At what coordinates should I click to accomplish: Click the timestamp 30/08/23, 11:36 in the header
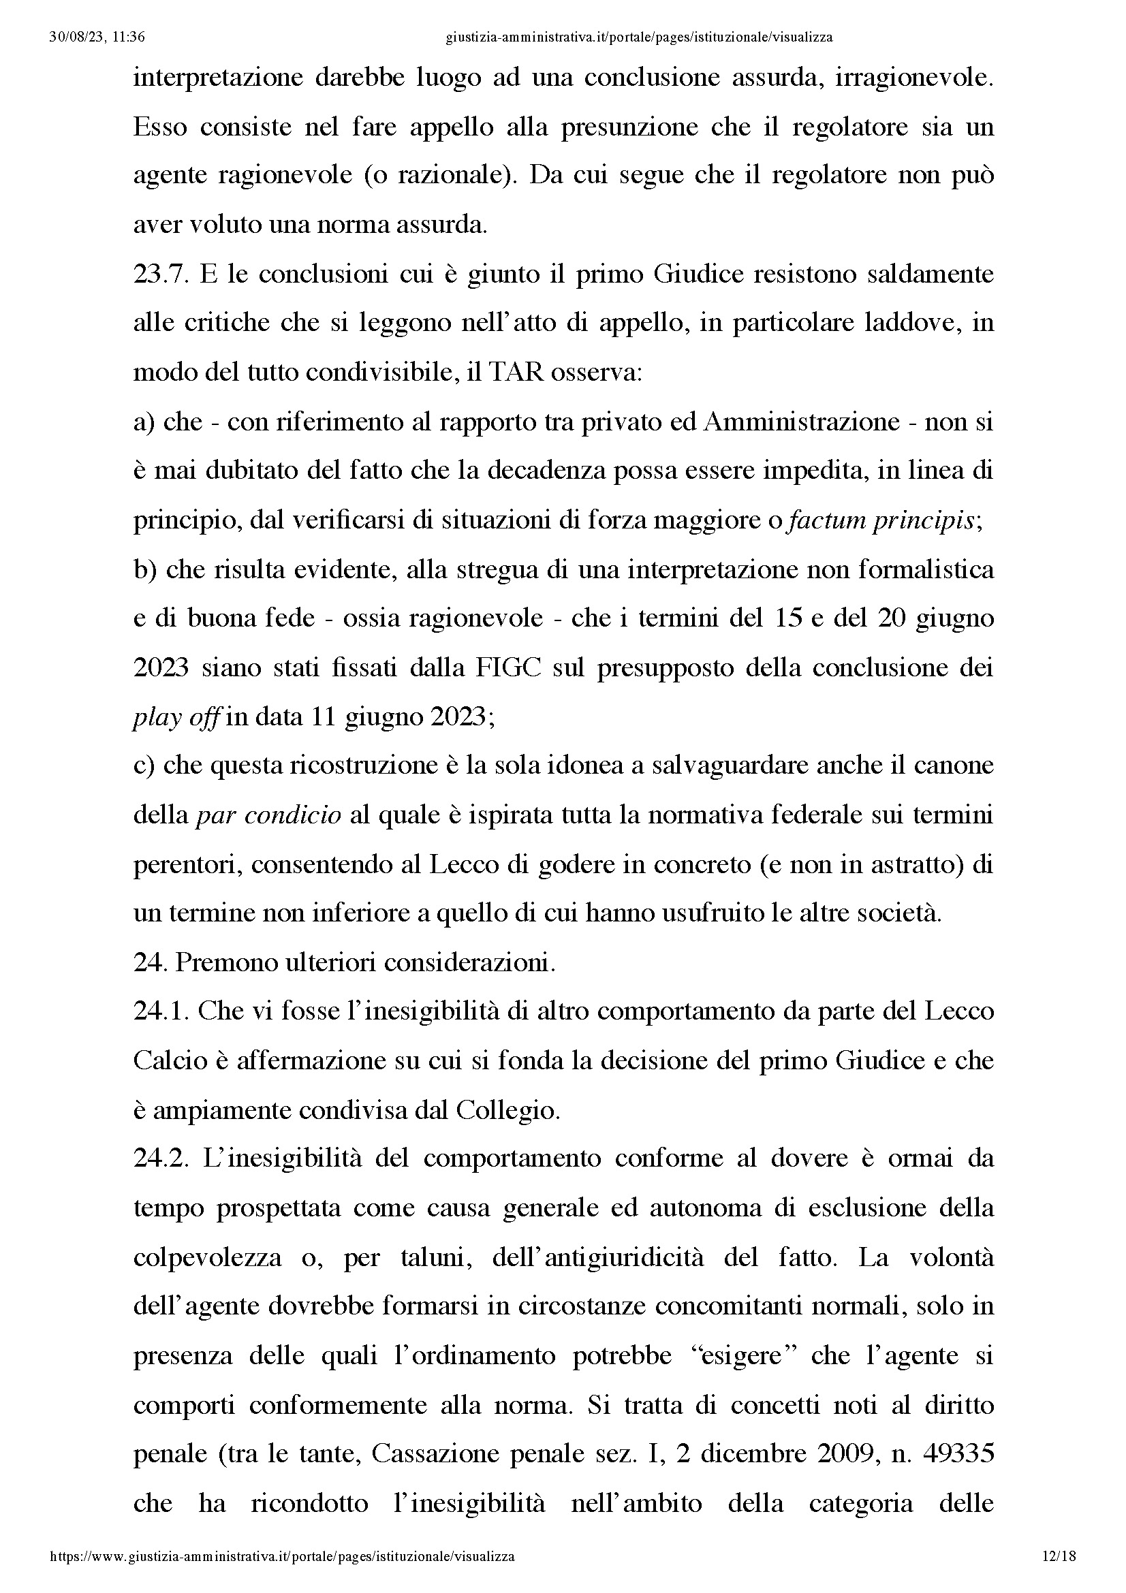pyautogui.click(x=97, y=37)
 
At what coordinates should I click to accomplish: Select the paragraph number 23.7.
pyautogui.click(x=160, y=274)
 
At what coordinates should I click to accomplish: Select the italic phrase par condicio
pyautogui.click(x=268, y=815)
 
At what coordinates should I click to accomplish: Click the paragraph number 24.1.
pyautogui.click(x=160, y=1011)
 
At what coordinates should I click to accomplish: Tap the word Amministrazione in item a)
pyautogui.click(x=801, y=422)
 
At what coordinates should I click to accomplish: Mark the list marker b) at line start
pyautogui.click(x=146, y=569)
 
